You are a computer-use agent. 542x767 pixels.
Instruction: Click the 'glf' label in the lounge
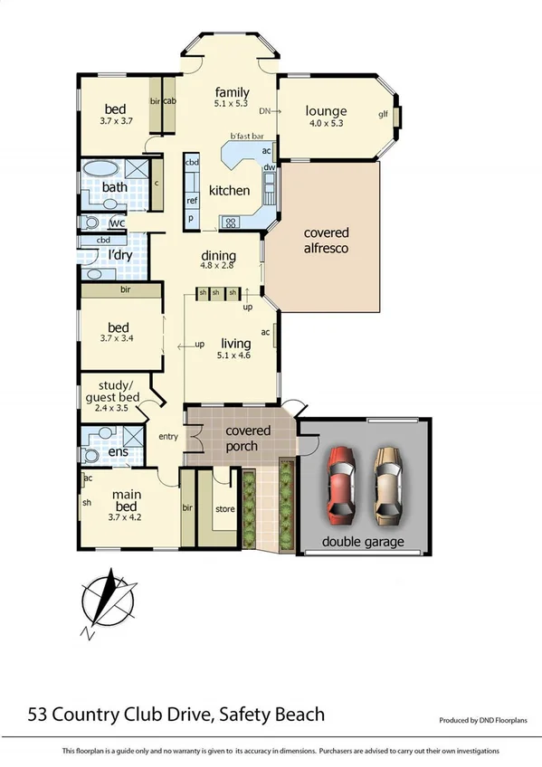click(383, 114)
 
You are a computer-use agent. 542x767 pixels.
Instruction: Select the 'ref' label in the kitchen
click(192, 201)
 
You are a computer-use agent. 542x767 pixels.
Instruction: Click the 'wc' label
click(116, 223)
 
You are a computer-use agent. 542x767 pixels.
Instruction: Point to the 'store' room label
click(224, 509)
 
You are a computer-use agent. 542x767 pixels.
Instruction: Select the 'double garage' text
click(364, 543)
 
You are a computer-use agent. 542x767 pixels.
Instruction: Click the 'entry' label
click(168, 437)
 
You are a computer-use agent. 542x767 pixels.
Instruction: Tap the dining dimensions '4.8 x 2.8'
click(217, 266)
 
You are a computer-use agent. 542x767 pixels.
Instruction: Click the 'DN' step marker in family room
click(264, 112)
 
